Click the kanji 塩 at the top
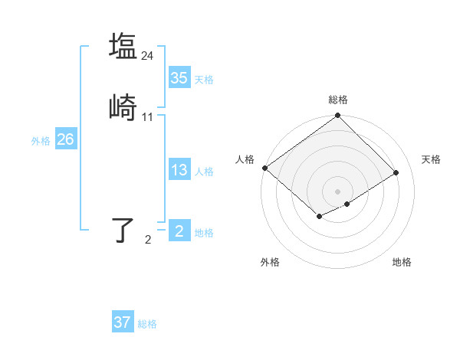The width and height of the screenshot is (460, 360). tap(123, 45)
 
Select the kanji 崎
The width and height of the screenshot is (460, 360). tap(123, 108)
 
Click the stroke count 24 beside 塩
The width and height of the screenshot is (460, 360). tap(148, 55)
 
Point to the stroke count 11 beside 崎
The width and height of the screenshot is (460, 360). tap(148, 117)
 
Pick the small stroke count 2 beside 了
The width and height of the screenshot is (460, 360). tap(148, 241)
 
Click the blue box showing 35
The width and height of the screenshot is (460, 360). tap(179, 78)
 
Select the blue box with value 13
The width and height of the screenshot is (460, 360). tap(179, 171)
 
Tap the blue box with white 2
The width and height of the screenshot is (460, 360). tap(179, 231)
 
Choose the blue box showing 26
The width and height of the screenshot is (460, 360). tap(65, 139)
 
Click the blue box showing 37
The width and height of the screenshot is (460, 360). tap(122, 322)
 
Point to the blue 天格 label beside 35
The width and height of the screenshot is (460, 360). tap(204, 79)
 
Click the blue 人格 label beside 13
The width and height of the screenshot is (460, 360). tap(204, 172)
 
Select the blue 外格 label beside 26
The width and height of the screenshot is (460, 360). tap(41, 141)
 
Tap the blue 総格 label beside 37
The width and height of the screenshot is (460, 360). tap(147, 324)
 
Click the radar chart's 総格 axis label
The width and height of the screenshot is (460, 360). tap(337, 100)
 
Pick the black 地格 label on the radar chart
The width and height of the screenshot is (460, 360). tap(402, 262)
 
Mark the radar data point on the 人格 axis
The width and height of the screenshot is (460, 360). tap(264, 168)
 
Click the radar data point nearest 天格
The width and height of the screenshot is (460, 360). tap(397, 172)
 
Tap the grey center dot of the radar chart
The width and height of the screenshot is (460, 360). tap(337, 191)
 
